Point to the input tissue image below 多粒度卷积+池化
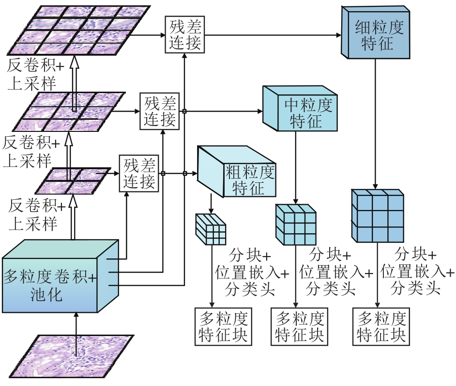coord(72,357)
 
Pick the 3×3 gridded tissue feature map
coord(73,111)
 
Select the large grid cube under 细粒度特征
coord(377,216)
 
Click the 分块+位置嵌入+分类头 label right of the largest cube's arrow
coord(416,272)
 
